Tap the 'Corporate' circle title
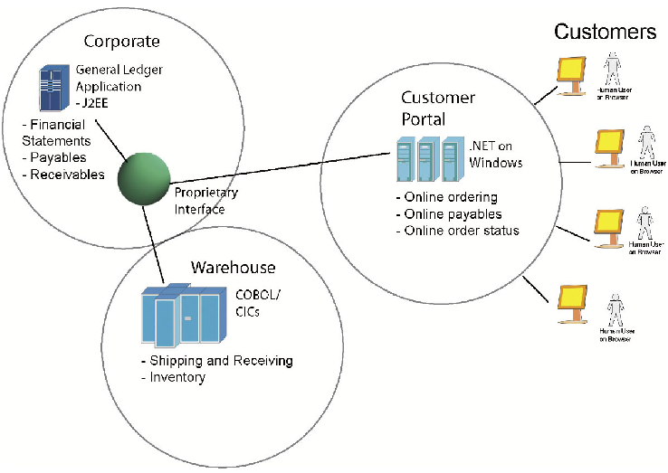[x=121, y=41]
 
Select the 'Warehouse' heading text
[x=233, y=268]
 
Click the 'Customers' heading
[x=605, y=32]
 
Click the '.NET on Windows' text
[x=495, y=155]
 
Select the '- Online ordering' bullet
[x=447, y=197]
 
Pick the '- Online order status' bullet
[x=457, y=231]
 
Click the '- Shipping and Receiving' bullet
[x=216, y=361]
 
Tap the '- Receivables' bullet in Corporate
[x=62, y=175]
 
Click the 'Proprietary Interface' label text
[x=205, y=201]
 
